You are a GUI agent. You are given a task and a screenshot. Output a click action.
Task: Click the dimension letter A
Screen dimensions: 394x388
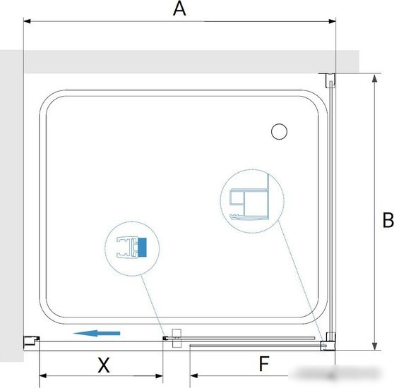pyautogui.click(x=179, y=8)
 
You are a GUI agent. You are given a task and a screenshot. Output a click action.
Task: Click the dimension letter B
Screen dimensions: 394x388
pyautogui.click(x=388, y=220)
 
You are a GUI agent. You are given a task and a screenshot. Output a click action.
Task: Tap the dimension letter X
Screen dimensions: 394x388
pyautogui.click(x=104, y=365)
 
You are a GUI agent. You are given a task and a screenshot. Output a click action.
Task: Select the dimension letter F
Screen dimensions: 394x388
pyautogui.click(x=264, y=363)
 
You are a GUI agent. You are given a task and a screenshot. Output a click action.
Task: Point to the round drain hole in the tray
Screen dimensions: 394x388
pyautogui.click(x=279, y=131)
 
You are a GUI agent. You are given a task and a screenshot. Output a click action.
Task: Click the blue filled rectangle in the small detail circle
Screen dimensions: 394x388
pyautogui.click(x=142, y=247)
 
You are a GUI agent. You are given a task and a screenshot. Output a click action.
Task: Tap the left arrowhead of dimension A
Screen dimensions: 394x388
pyautogui.click(x=27, y=21)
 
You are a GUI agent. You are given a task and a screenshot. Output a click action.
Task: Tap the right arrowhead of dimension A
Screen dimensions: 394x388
pyautogui.click(x=332, y=21)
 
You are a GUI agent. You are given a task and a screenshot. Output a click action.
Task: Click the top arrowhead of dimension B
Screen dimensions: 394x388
pyautogui.click(x=375, y=78)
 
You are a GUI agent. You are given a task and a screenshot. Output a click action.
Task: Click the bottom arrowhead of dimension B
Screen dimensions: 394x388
pyautogui.click(x=375, y=346)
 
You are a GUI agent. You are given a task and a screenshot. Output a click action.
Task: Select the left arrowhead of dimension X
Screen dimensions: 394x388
pyautogui.click(x=43, y=376)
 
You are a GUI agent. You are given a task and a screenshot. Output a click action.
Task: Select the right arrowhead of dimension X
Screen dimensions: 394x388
pyautogui.click(x=160, y=376)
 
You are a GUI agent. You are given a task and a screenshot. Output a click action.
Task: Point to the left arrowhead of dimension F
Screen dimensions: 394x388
pyautogui.click(x=193, y=376)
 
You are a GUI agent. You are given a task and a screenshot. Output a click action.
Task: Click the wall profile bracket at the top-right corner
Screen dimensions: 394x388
pyautogui.click(x=330, y=80)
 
